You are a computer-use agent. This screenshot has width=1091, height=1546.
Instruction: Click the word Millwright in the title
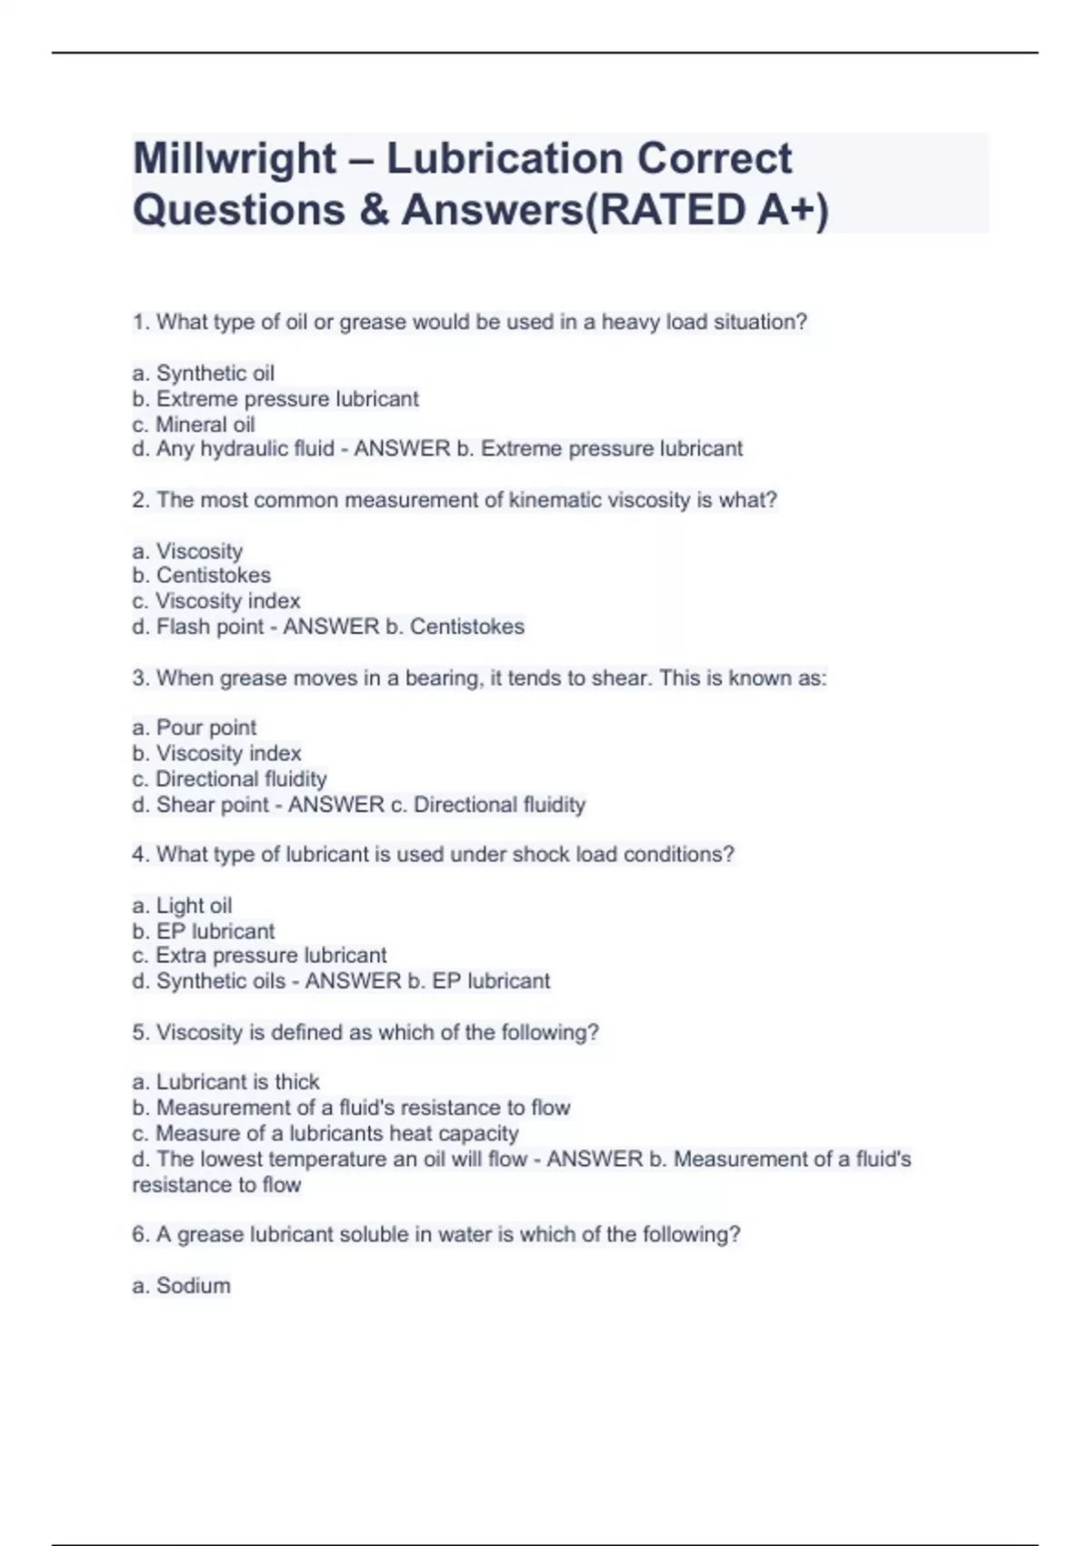tap(235, 159)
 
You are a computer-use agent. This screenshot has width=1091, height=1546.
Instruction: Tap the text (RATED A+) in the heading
tap(707, 210)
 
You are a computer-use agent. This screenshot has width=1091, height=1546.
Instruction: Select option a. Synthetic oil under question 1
tap(203, 373)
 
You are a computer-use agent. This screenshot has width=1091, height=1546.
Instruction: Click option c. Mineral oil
tap(193, 425)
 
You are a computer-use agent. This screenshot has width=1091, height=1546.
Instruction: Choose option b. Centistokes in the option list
tap(201, 576)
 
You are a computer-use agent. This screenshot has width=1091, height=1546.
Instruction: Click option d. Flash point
tap(197, 627)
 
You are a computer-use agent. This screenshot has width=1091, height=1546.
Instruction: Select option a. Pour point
tap(194, 728)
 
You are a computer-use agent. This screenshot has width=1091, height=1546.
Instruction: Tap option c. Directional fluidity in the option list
tap(229, 779)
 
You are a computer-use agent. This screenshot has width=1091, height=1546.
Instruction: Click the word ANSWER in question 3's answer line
tap(336, 805)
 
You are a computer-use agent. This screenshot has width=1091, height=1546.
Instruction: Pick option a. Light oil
tap(182, 906)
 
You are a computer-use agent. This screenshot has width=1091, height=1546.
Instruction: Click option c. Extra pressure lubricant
tap(259, 956)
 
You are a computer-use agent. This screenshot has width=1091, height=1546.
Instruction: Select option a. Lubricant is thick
tap(225, 1082)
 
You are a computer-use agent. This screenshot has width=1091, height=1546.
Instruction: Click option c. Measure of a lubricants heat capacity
tap(325, 1134)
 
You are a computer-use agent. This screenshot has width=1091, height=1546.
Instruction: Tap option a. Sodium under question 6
tap(181, 1286)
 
